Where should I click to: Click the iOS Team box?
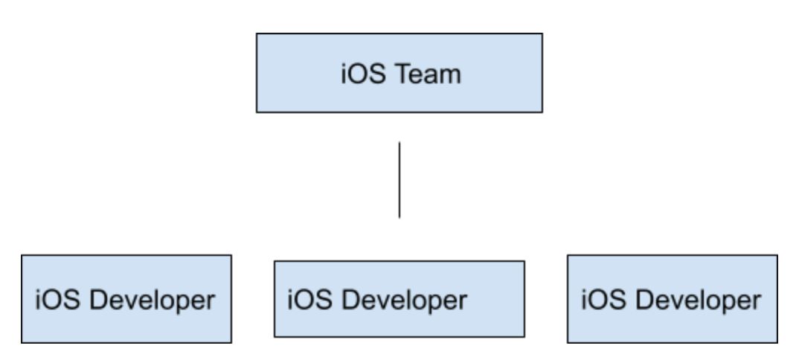[x=399, y=73]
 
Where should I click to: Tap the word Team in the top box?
[x=428, y=74]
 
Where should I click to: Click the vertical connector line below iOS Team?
[x=399, y=180]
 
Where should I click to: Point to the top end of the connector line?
[x=399, y=142]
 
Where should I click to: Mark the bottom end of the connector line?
[x=399, y=218]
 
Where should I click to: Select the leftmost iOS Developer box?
[x=126, y=299]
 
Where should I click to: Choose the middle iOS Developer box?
[x=399, y=299]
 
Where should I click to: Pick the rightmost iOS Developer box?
[x=673, y=299]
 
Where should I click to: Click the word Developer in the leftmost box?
[x=153, y=301]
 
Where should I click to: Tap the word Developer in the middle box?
[x=404, y=301]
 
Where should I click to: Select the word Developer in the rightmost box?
[x=699, y=301]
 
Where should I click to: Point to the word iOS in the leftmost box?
[x=57, y=300]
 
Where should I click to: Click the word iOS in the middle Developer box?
[x=309, y=300]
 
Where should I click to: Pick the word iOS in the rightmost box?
[x=604, y=300]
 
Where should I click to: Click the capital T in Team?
[x=403, y=74]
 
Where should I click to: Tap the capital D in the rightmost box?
[x=644, y=300]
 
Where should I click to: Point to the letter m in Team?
[x=451, y=77]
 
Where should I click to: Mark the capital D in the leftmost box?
[x=98, y=300]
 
